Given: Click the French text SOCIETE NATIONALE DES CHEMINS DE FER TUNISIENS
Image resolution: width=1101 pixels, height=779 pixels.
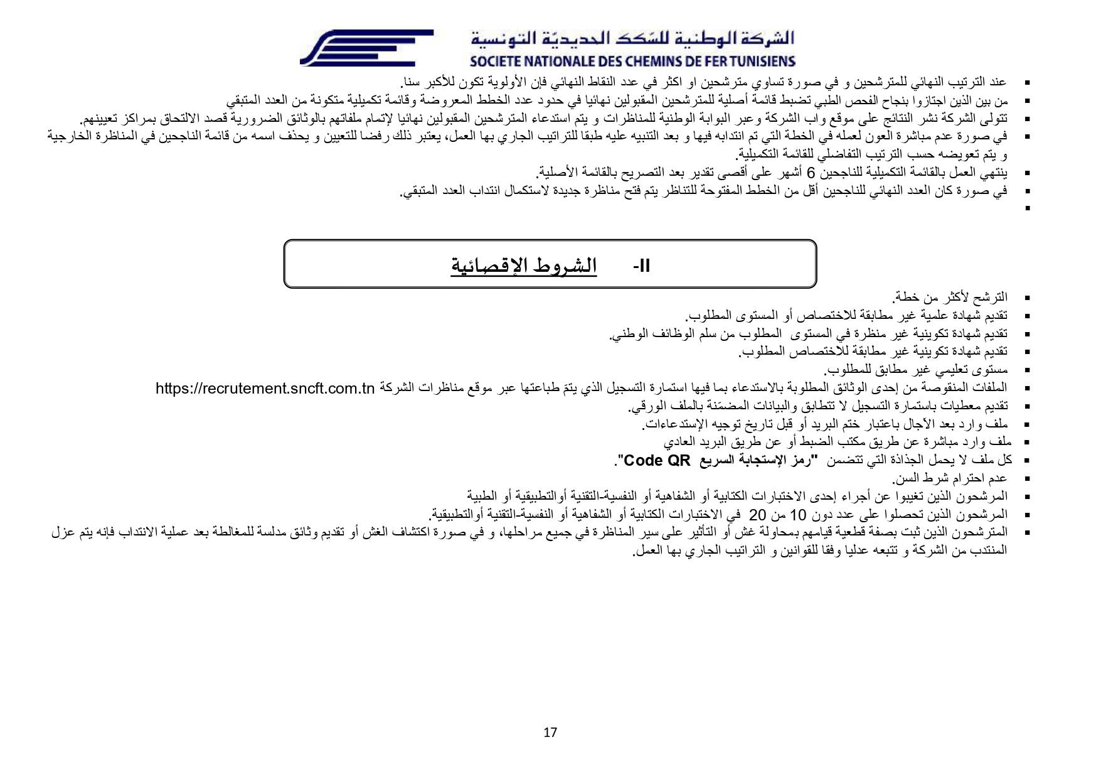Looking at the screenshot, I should (632, 62).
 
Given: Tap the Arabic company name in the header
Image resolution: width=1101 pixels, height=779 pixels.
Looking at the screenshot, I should (632, 38).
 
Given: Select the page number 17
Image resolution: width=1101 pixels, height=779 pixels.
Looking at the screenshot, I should (550, 733).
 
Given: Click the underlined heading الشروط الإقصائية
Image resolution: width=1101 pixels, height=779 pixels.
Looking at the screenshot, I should (523, 266).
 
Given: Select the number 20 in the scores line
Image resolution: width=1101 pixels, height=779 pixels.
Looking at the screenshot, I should (758, 515).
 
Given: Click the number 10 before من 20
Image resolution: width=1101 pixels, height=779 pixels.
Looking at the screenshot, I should (797, 515).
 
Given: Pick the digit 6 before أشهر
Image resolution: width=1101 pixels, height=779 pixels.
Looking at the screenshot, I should (811, 173).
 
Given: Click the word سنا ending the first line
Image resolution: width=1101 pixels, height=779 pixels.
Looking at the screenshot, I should (412, 82).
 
